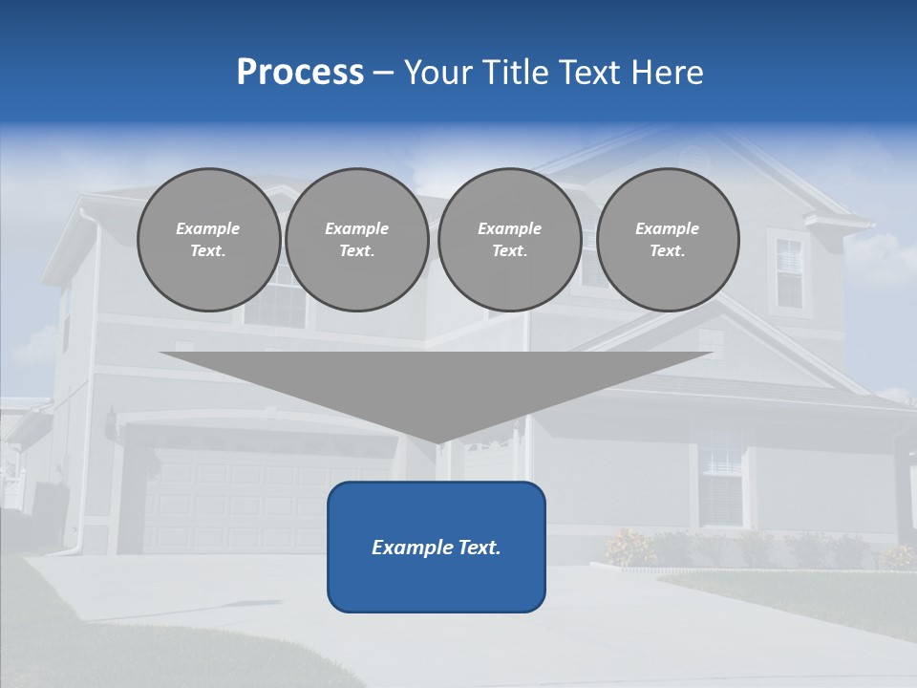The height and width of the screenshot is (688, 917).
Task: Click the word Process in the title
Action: pyautogui.click(x=300, y=73)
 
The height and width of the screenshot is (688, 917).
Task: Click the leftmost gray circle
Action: pyautogui.click(x=208, y=240)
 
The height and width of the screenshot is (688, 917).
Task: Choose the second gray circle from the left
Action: pyautogui.click(x=357, y=240)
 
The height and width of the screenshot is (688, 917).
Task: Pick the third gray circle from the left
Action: pyautogui.click(x=509, y=240)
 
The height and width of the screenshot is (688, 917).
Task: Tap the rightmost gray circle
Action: pyautogui.click(x=668, y=240)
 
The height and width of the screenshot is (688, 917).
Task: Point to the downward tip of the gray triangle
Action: pyautogui.click(x=437, y=441)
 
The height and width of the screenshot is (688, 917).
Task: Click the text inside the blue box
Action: pyautogui.click(x=437, y=548)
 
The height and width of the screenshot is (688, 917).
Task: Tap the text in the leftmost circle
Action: pyautogui.click(x=208, y=240)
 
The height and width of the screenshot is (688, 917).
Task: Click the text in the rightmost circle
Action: pyautogui.click(x=668, y=240)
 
